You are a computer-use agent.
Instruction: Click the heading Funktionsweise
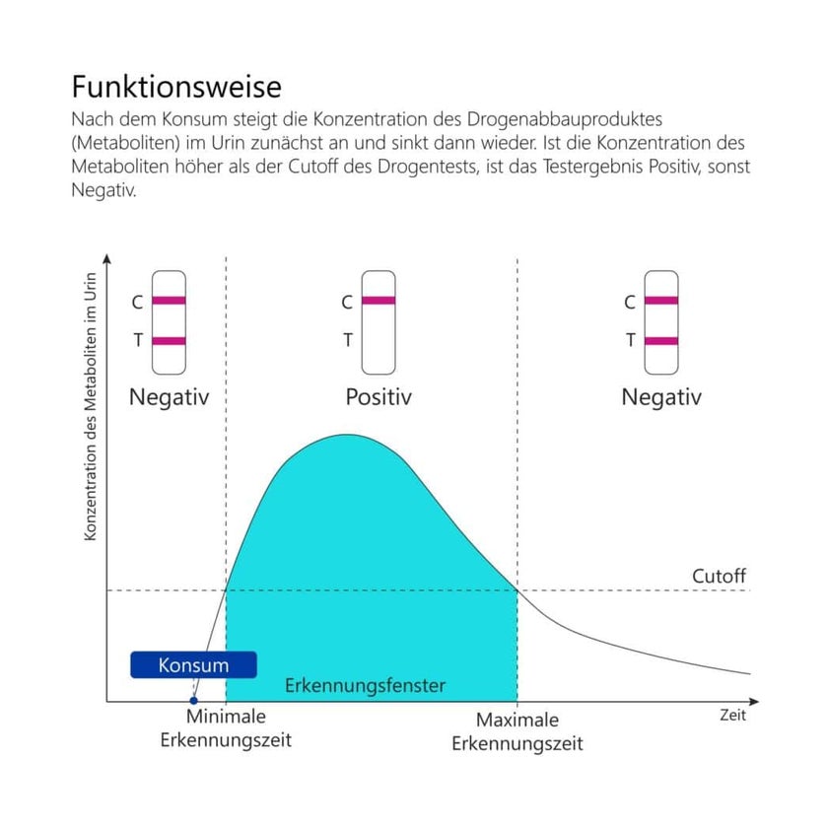(x=176, y=87)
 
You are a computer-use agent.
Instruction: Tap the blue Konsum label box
(x=193, y=665)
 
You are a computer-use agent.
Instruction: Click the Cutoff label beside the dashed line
(x=719, y=576)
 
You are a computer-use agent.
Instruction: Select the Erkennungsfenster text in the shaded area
(x=366, y=685)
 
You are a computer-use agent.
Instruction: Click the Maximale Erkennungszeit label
(x=517, y=731)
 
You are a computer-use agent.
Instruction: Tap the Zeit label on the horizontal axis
(x=732, y=716)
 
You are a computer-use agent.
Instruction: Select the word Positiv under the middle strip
(x=379, y=397)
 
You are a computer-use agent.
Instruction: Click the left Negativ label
(x=170, y=397)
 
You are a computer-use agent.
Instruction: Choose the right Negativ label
(x=661, y=397)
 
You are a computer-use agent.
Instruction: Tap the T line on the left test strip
(x=170, y=341)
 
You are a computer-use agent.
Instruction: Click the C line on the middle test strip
(x=379, y=301)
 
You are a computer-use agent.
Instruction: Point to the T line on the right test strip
(x=661, y=341)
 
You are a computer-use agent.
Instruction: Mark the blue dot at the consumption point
(x=194, y=700)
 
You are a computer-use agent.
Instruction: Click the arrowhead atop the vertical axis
(x=106, y=259)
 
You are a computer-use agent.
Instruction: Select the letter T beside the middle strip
(x=347, y=341)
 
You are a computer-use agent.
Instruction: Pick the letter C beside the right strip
(x=630, y=303)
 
